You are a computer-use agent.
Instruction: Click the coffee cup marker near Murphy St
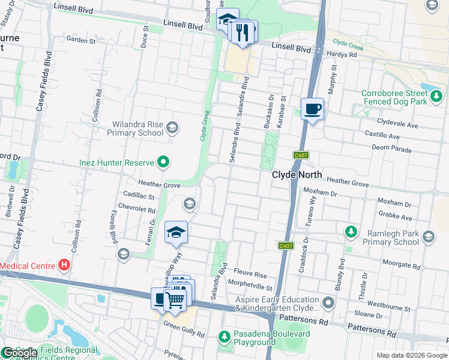(312, 110)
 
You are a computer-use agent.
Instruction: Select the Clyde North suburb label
(297, 175)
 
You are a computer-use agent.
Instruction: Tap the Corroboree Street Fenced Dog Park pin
(436, 95)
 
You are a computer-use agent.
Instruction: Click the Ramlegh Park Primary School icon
(428, 236)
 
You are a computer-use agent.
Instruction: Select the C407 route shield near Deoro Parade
(301, 155)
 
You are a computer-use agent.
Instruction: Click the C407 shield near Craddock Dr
(286, 246)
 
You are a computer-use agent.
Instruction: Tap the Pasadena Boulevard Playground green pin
(224, 337)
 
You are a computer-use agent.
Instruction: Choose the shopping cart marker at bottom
(175, 299)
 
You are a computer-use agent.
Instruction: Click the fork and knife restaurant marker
(243, 32)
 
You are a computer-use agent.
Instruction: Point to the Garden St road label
(82, 40)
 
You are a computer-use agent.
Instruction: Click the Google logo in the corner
(20, 353)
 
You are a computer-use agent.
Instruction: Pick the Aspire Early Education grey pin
(327, 302)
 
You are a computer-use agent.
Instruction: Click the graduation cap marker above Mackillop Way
(175, 233)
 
